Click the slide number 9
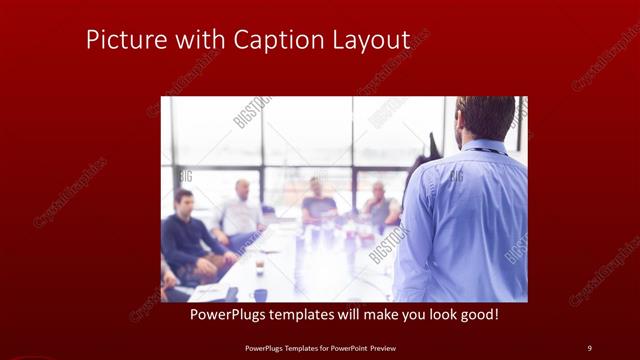pyautogui.click(x=589, y=347)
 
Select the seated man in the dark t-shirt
pyautogui.click(x=318, y=204)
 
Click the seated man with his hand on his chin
pyautogui.click(x=380, y=206)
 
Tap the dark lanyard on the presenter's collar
pyautogui.click(x=488, y=150)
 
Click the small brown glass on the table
pyautogui.click(x=259, y=265)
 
